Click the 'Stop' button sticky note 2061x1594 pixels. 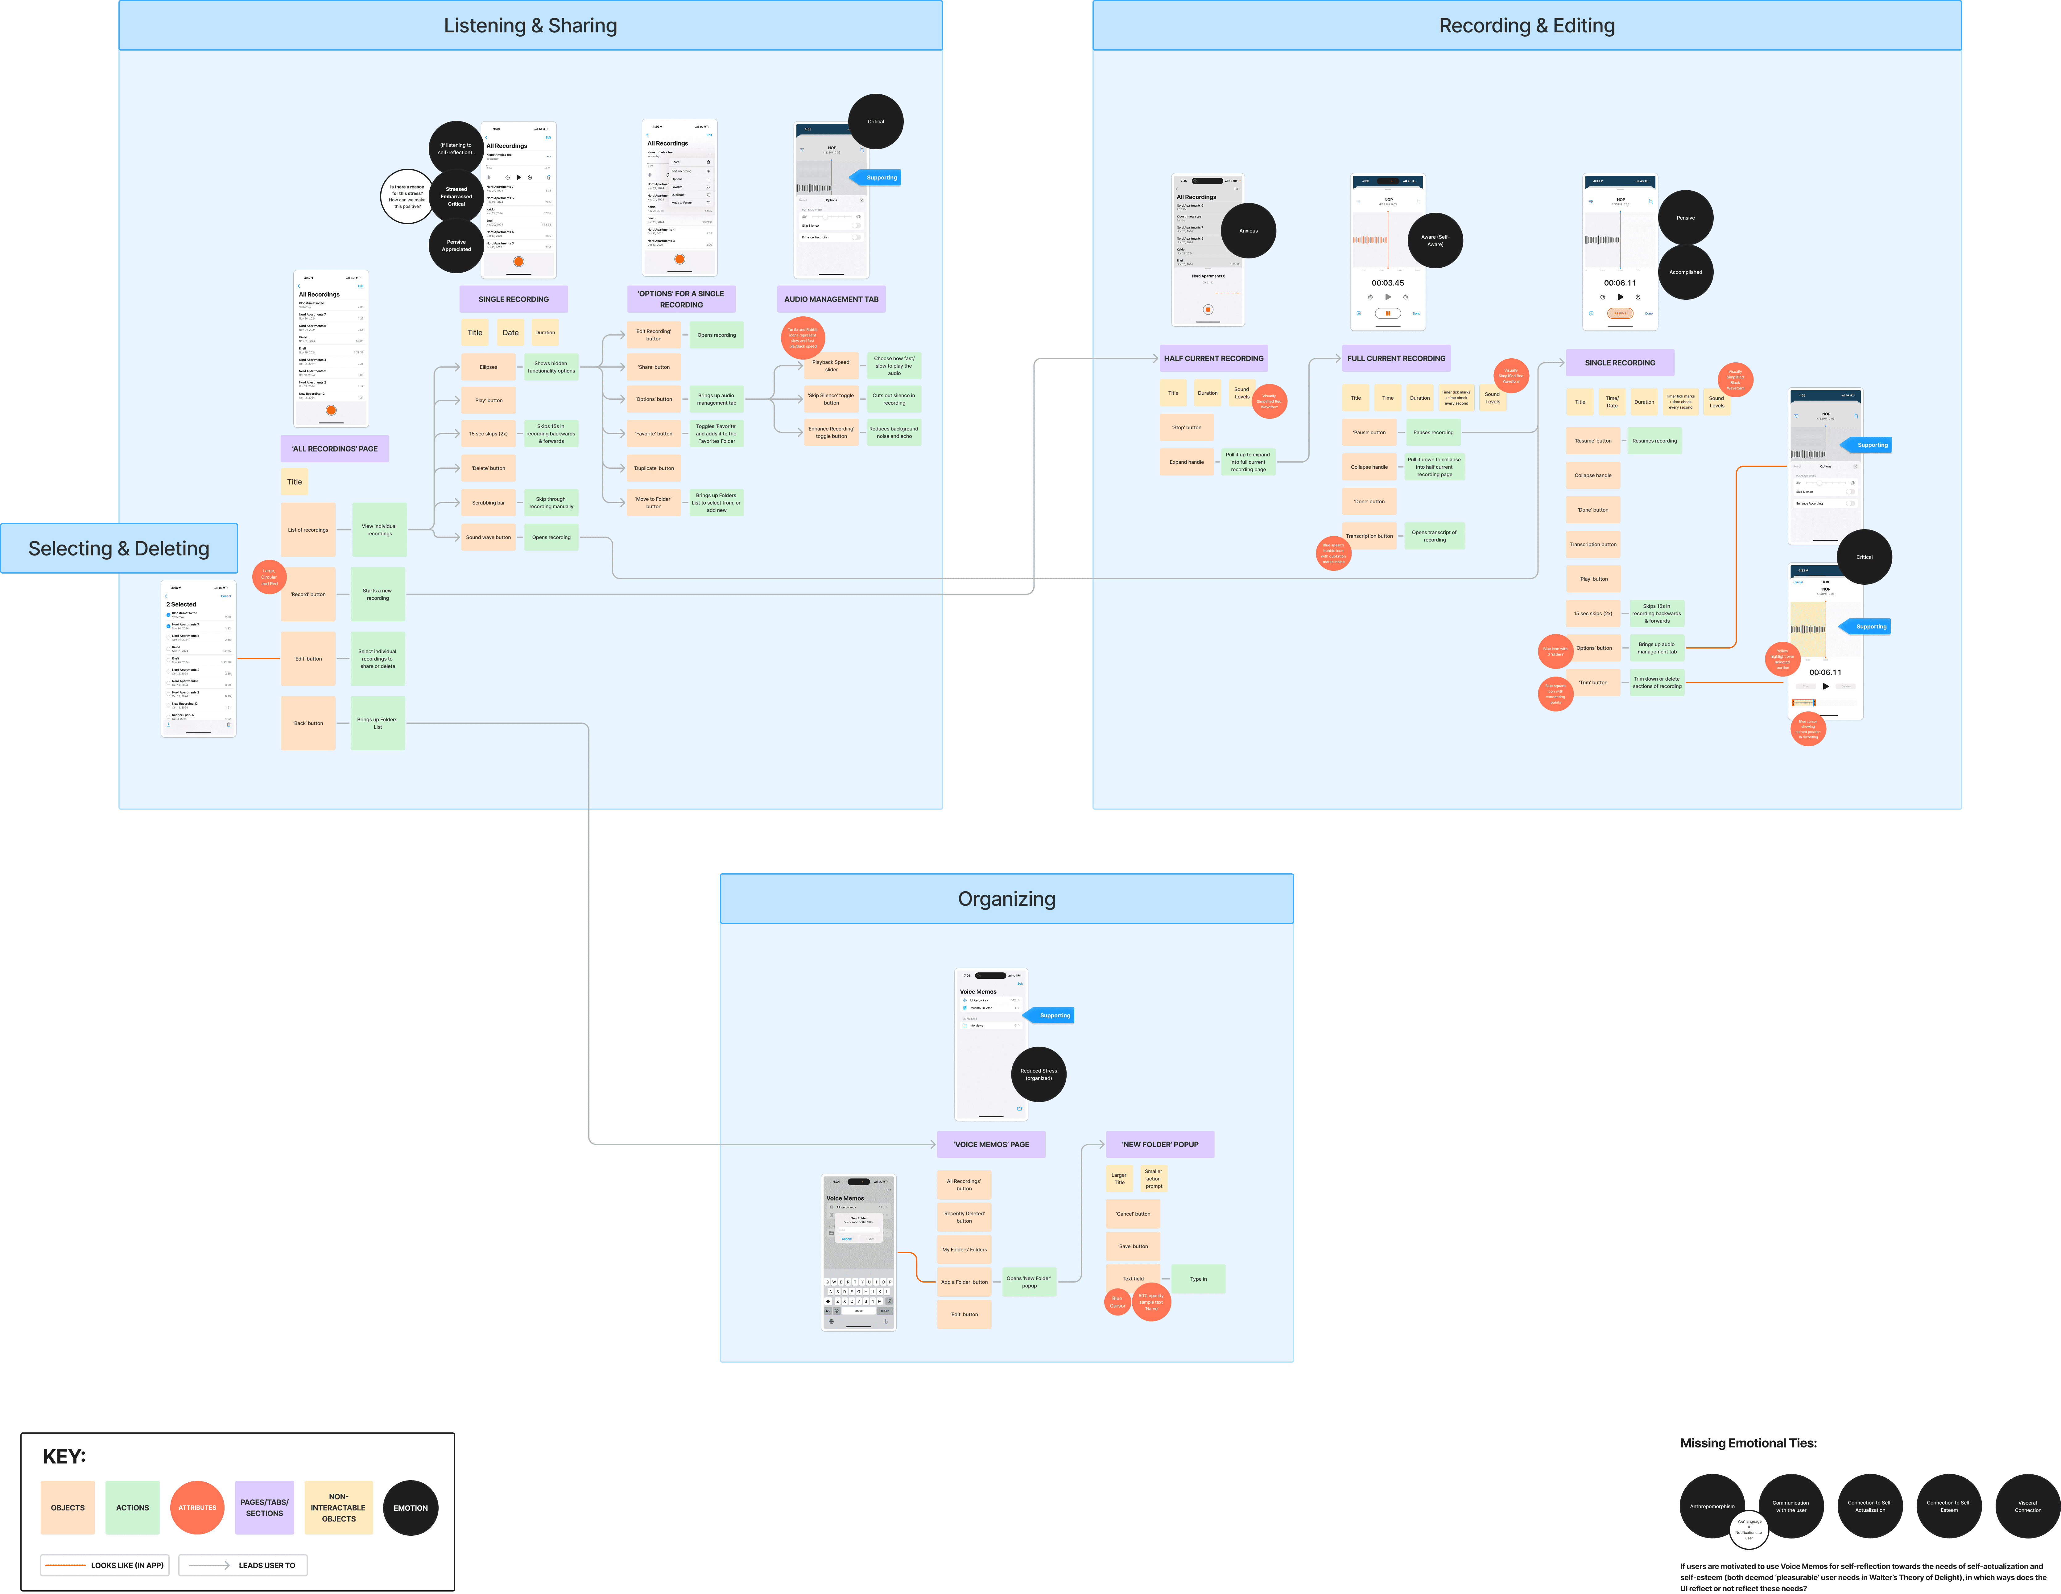click(x=1186, y=427)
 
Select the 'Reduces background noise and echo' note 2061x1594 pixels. click(x=894, y=432)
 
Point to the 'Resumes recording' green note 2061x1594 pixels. click(x=1654, y=441)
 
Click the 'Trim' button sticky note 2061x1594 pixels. click(x=1593, y=682)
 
